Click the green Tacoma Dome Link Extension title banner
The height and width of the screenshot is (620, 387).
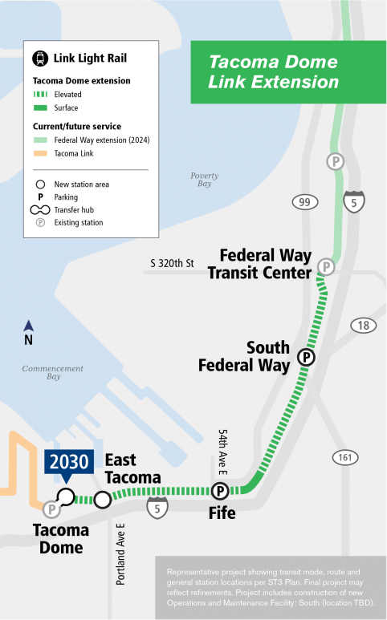pyautogui.click(x=274, y=71)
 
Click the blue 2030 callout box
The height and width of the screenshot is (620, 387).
pyautogui.click(x=68, y=463)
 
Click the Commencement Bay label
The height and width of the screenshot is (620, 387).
pyautogui.click(x=53, y=372)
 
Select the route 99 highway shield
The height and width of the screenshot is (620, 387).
pyautogui.click(x=303, y=202)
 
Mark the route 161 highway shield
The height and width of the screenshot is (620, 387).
pyautogui.click(x=345, y=457)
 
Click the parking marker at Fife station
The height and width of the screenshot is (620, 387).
pyautogui.click(x=219, y=491)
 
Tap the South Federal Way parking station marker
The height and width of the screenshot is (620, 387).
pyautogui.click(x=306, y=357)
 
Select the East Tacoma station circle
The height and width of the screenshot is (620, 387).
pyautogui.click(x=102, y=500)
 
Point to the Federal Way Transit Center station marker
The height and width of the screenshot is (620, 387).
pyautogui.click(x=326, y=266)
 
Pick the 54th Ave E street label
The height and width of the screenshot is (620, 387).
pyautogui.click(x=224, y=452)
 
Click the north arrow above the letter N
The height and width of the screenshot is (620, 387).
pyautogui.click(x=29, y=325)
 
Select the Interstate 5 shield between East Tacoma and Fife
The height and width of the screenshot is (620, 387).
pyautogui.click(x=157, y=506)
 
